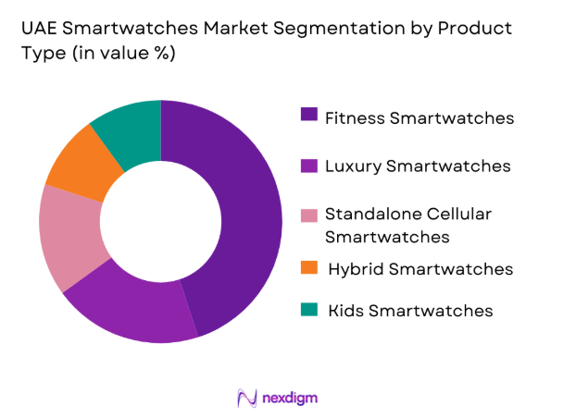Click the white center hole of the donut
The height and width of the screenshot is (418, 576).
coord(160,222)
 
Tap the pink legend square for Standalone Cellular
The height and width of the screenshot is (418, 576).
coord(308,215)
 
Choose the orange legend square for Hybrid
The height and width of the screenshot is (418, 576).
coord(308,267)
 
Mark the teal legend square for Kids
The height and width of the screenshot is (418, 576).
coord(308,309)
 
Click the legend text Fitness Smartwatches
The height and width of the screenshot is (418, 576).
coord(419,117)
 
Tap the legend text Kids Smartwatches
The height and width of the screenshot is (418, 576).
coord(410,311)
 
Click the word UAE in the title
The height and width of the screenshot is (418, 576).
coord(40,28)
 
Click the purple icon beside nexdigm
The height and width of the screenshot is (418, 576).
coord(247,398)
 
